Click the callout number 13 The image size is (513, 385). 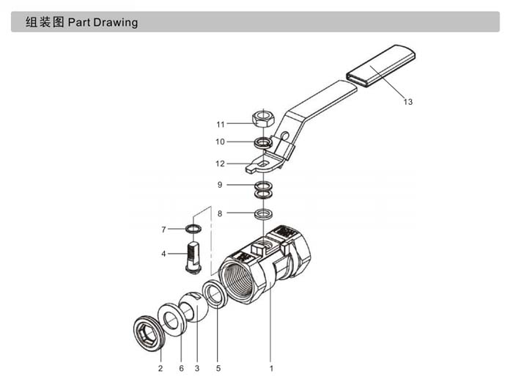coord(408,102)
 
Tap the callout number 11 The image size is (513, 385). coord(220,124)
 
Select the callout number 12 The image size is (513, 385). coord(220,163)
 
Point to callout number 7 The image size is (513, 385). coord(163,230)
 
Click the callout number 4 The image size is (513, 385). coord(163,254)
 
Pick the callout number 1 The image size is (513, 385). coord(270,367)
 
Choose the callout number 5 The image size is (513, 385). coord(218,367)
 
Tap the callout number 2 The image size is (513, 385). coord(160,367)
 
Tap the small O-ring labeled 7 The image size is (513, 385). coord(192,230)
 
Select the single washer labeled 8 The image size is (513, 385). coord(262,213)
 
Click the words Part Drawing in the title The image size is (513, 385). coord(103,22)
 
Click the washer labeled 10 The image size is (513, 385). coord(262,142)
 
